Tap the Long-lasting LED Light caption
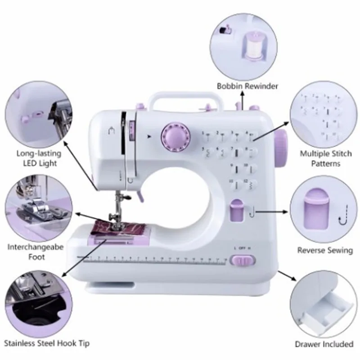39,158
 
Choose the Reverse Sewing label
325,250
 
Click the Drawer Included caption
324,344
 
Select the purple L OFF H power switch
242,260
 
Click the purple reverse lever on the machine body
235,211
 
